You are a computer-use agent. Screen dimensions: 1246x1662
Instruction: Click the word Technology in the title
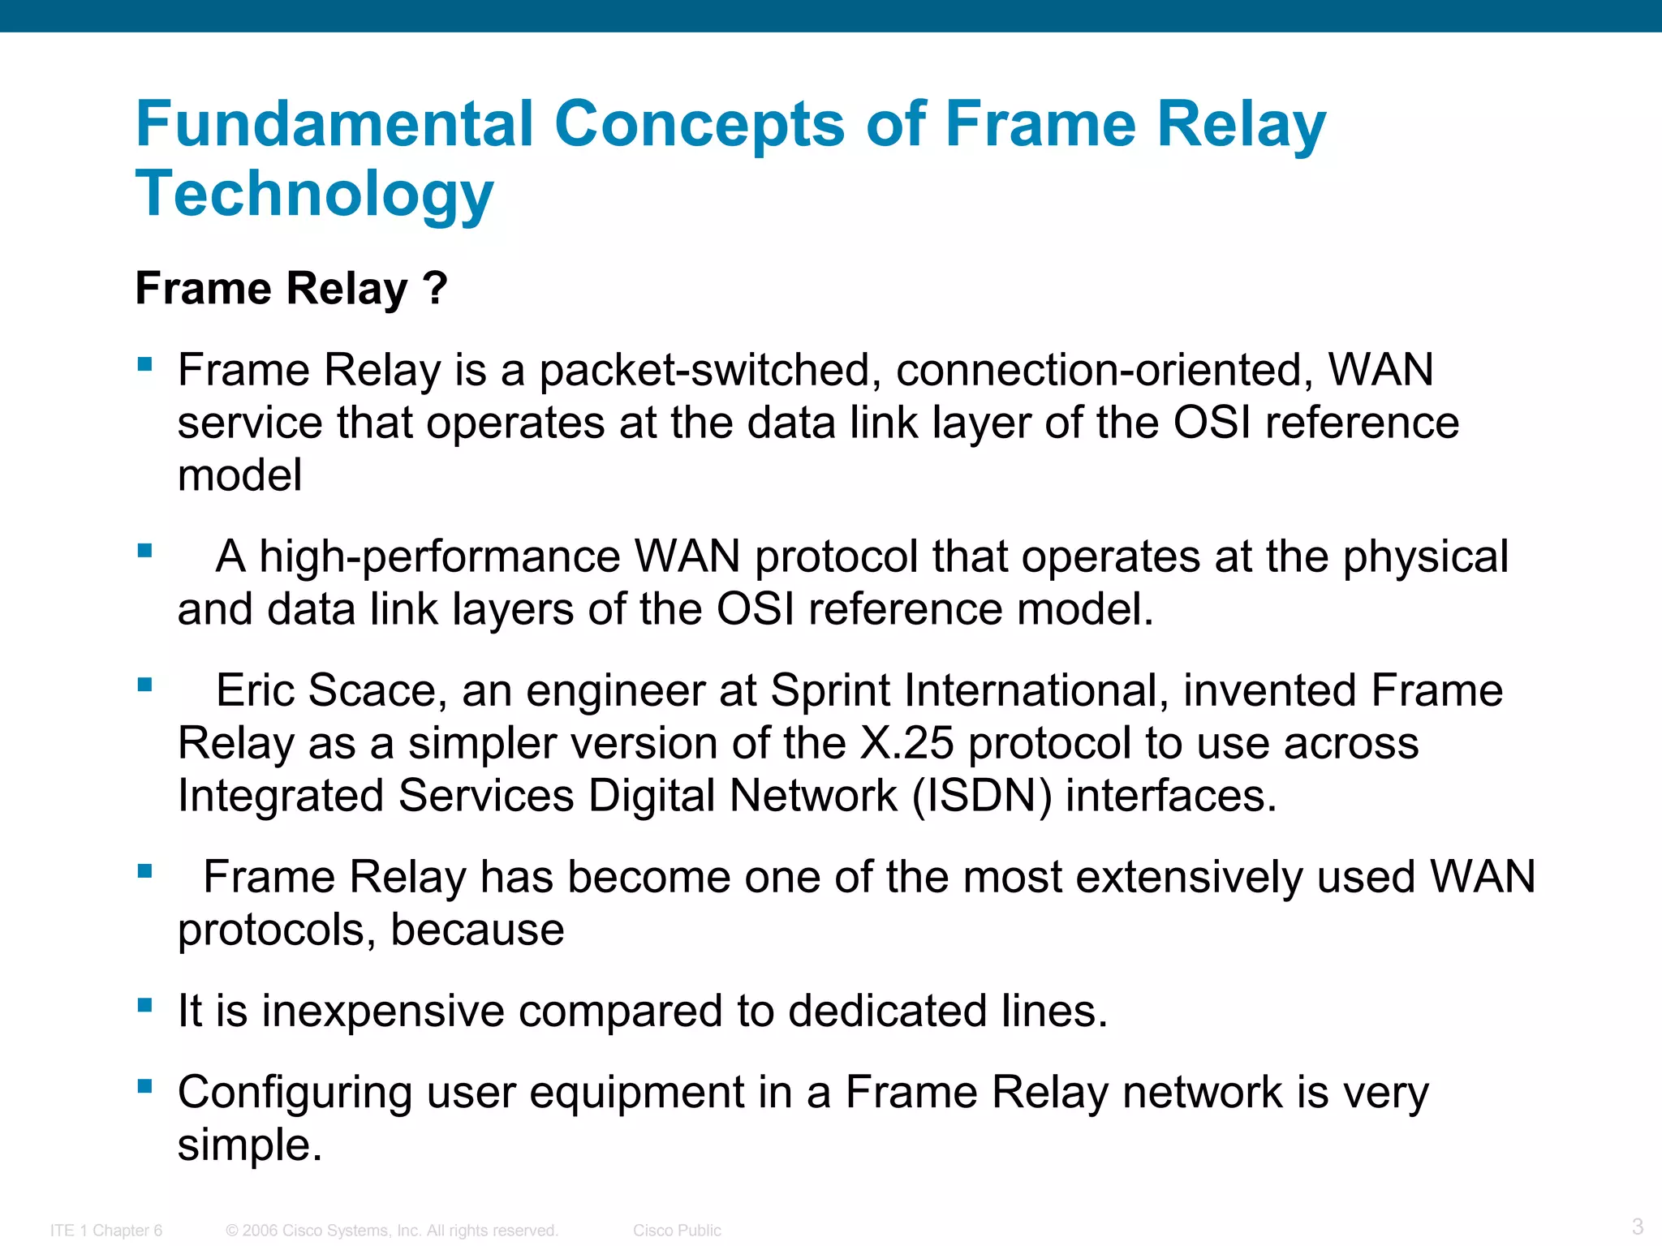[x=314, y=195]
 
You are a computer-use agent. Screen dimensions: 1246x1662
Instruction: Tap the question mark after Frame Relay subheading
[x=435, y=289]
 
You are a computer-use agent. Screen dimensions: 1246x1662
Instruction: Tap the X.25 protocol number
[x=906, y=743]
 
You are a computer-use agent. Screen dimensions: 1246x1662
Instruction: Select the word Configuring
[x=295, y=1093]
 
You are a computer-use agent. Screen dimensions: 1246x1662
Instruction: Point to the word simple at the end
[x=250, y=1145]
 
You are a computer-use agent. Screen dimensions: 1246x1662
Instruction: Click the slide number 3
[x=1637, y=1226]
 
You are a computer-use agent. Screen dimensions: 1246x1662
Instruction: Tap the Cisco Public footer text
[x=677, y=1231]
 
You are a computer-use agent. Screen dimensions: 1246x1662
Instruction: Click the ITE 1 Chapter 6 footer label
[x=106, y=1231]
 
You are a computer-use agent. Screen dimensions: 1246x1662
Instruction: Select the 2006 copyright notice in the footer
[x=392, y=1231]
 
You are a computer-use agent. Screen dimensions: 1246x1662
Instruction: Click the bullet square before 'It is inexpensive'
[x=145, y=1006]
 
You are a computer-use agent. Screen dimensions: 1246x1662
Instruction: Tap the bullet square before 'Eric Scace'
[x=145, y=685]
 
